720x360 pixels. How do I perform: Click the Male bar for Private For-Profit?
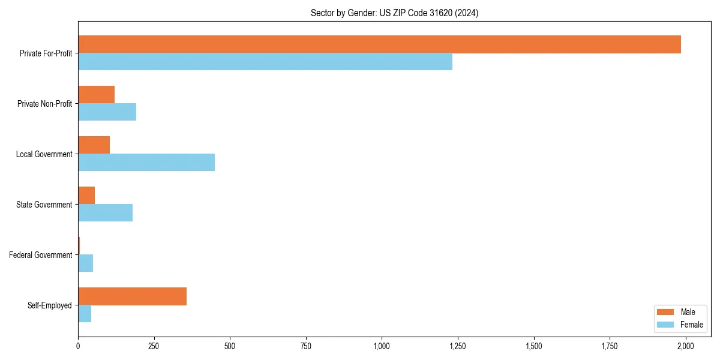[x=379, y=44]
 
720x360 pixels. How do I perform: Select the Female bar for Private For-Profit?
[x=265, y=62]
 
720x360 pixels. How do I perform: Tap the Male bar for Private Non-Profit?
[x=96, y=95]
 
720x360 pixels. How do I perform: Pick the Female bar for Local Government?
[x=146, y=163]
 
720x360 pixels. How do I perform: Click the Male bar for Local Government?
[x=94, y=145]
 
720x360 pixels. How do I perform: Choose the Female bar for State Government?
[x=105, y=213]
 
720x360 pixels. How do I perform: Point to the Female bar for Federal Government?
[x=85, y=263]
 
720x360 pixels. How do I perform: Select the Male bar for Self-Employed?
[x=132, y=296]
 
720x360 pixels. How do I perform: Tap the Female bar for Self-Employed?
[x=85, y=314]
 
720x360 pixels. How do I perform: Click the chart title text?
[x=394, y=13]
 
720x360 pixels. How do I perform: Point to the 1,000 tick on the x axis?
[x=382, y=346]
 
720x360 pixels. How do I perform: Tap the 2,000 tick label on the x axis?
[x=685, y=346]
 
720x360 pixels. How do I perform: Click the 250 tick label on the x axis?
[x=154, y=346]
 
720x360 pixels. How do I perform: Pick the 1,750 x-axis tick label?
[x=610, y=346]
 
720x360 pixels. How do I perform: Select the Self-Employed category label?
[x=50, y=305]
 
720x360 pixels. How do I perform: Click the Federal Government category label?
[x=41, y=255]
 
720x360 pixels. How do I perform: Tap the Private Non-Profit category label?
[x=44, y=104]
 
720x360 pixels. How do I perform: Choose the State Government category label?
[x=44, y=205]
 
